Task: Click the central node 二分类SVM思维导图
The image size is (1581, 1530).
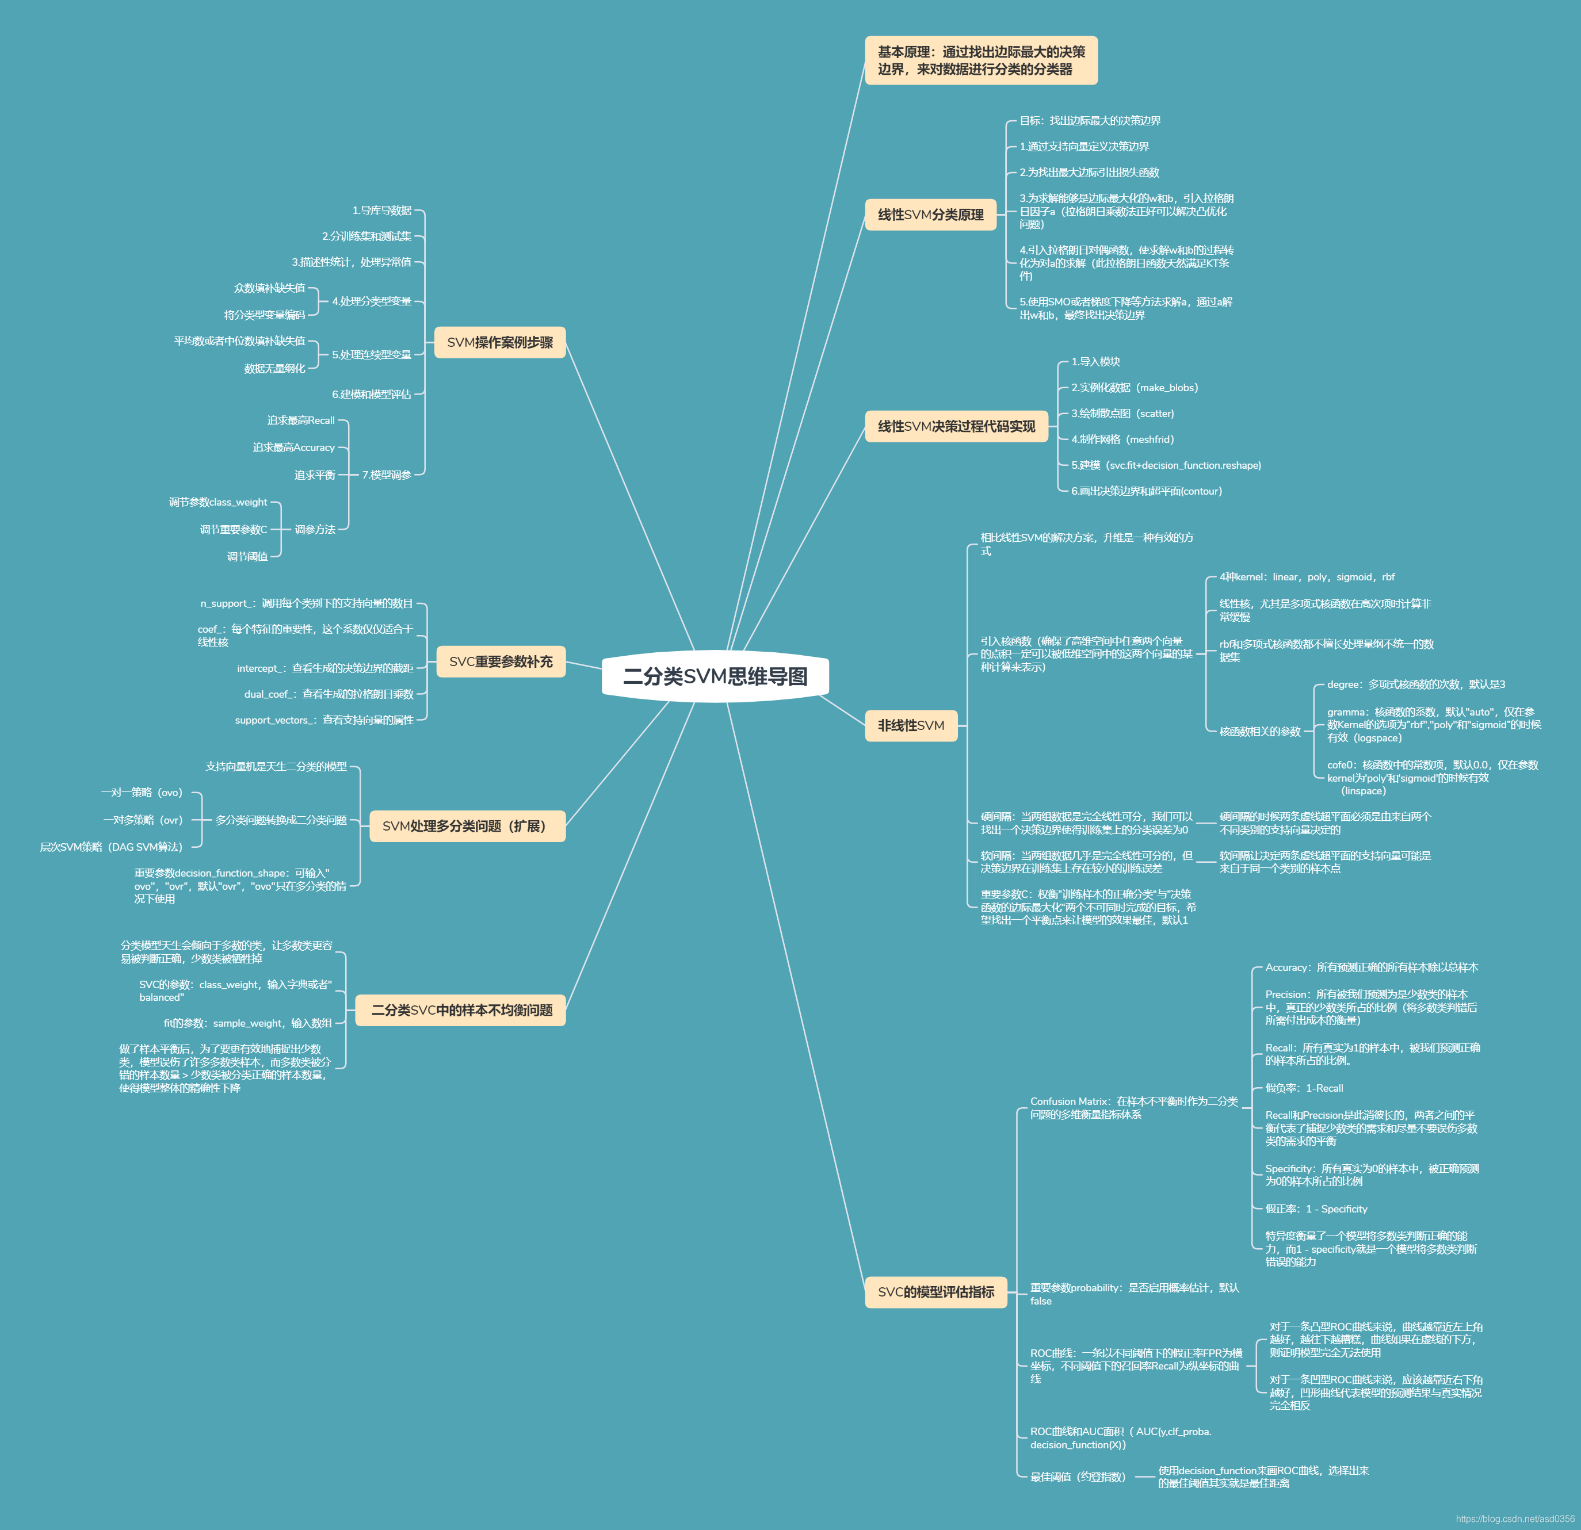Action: [715, 676]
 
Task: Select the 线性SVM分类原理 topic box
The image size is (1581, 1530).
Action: [930, 215]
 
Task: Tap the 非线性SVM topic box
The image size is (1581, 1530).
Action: [911, 725]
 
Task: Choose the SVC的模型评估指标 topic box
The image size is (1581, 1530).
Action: [935, 1291]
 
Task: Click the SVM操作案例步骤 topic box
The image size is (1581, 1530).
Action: [500, 342]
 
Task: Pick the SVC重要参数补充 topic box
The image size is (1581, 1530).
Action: [500, 661]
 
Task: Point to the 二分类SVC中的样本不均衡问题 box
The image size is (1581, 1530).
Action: [461, 1010]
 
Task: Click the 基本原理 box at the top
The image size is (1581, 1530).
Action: [981, 60]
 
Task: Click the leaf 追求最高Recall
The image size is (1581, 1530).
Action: [301, 420]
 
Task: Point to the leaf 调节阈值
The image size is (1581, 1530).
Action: [247, 557]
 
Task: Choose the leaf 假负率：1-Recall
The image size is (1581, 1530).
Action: [1304, 1088]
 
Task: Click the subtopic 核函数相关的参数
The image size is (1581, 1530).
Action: [1259, 732]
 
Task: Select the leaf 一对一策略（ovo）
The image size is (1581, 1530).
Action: [142, 792]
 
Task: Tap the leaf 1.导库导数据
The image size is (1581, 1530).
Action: [381, 211]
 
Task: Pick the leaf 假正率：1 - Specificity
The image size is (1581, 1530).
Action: [1316, 1209]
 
